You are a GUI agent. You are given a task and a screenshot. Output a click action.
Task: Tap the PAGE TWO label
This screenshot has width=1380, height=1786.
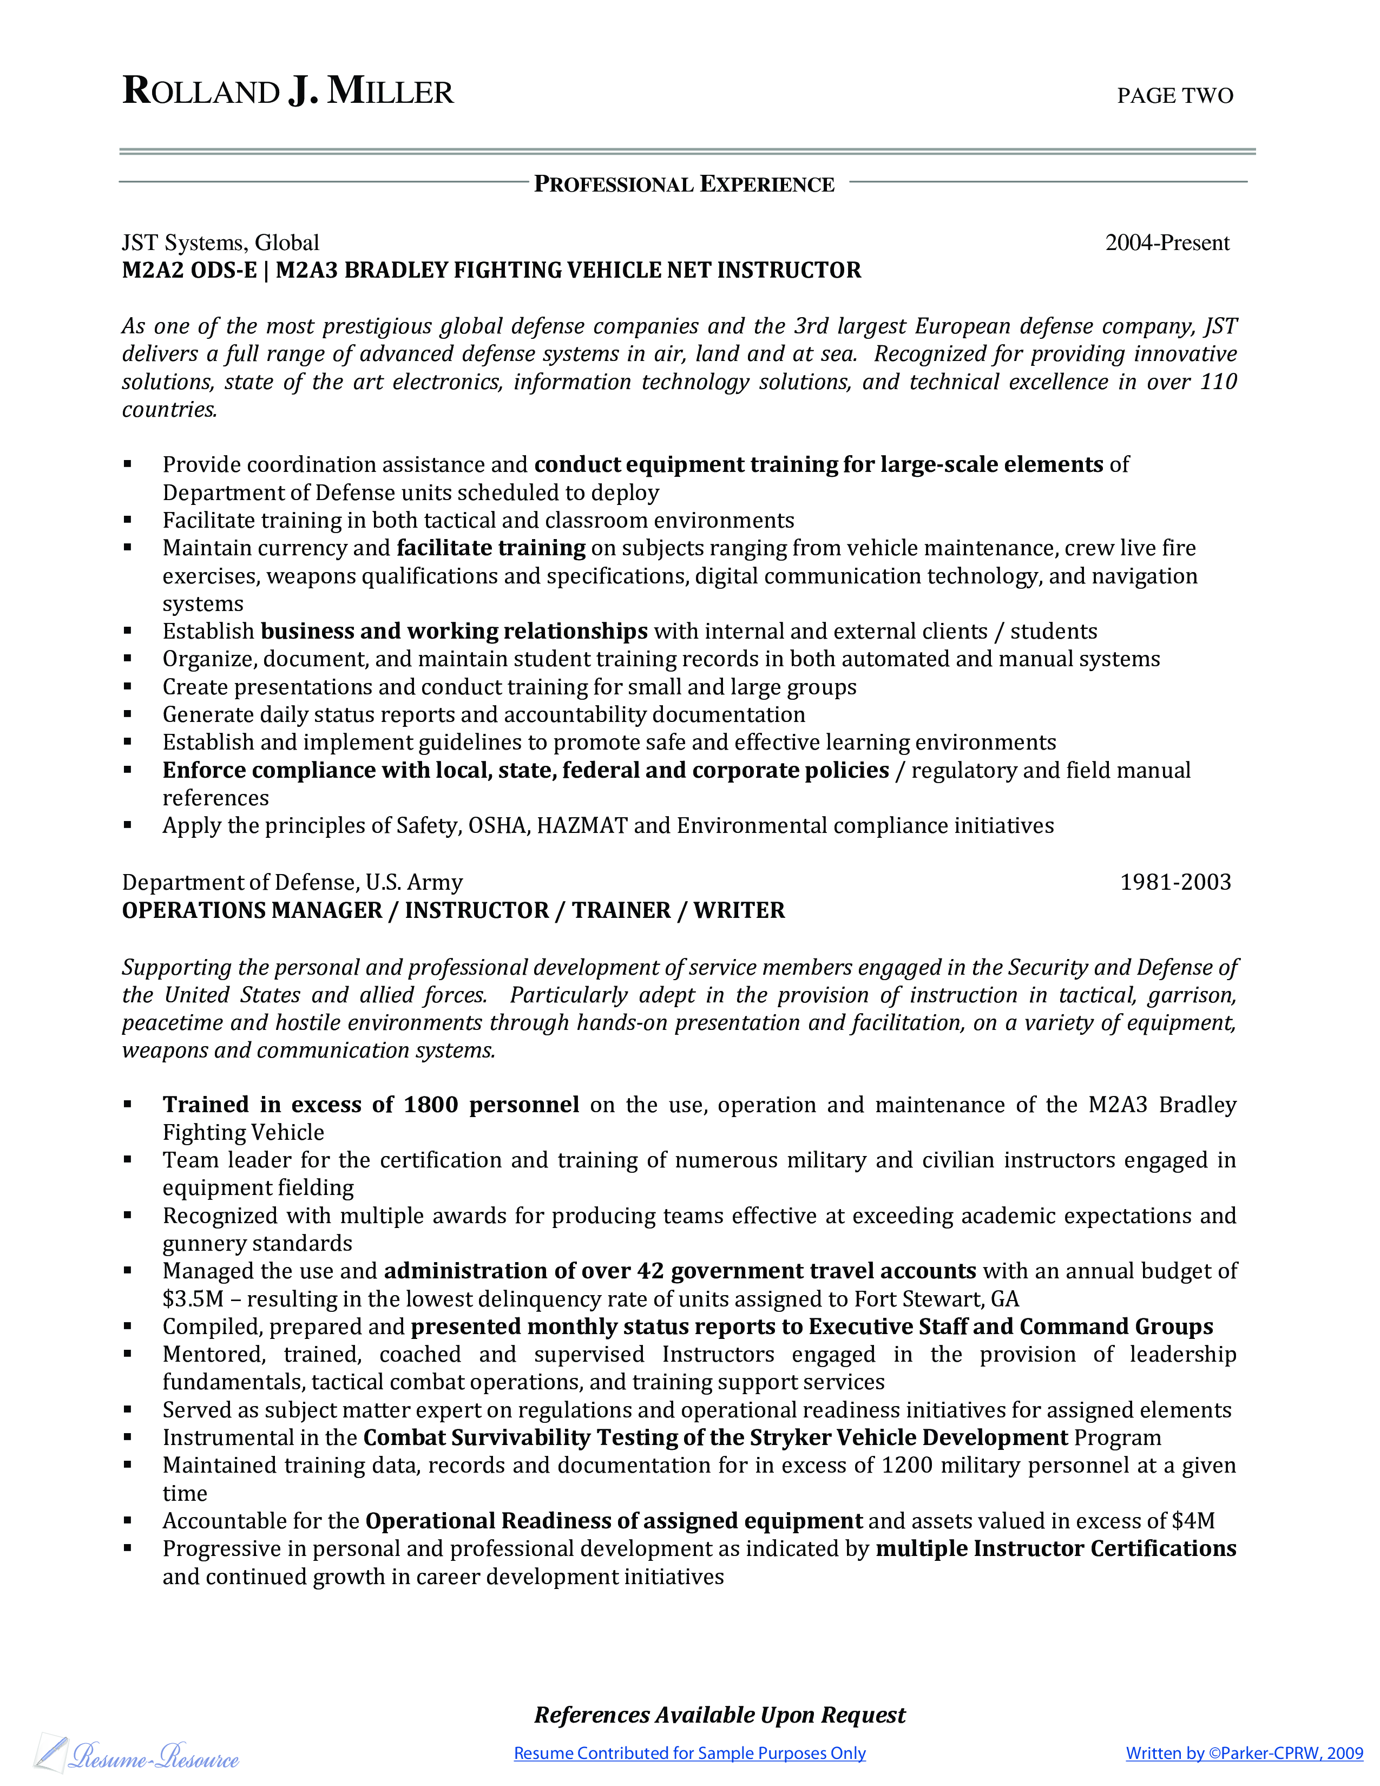(1175, 96)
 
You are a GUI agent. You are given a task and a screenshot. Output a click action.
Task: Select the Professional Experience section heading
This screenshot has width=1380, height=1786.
(684, 184)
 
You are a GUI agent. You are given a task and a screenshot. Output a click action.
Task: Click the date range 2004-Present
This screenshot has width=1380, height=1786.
(1167, 243)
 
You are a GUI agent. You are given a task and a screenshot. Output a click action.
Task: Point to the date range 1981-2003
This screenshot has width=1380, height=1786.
(1175, 882)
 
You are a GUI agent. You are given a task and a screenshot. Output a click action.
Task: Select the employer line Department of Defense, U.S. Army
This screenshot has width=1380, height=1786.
(292, 882)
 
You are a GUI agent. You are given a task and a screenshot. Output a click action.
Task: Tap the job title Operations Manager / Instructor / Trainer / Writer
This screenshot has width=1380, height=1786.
(453, 910)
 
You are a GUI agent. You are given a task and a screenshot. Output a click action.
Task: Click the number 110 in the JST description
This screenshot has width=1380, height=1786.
(1218, 382)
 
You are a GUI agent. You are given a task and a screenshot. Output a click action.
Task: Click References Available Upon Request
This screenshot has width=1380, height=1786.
(719, 1715)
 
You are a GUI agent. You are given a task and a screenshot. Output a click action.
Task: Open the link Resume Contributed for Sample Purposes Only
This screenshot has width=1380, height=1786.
(689, 1754)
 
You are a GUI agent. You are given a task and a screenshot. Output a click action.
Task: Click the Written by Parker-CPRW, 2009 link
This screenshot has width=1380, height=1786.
(1244, 1754)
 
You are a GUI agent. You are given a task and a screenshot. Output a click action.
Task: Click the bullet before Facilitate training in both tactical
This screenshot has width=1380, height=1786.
(128, 520)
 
